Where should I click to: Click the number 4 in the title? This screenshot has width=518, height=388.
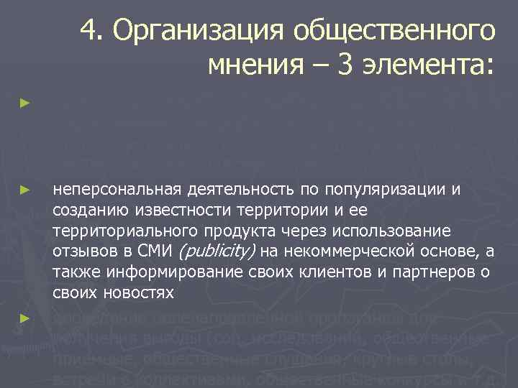pos(89,30)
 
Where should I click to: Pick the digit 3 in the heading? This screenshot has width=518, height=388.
pos(348,66)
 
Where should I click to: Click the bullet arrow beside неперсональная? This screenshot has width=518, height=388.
pos(25,190)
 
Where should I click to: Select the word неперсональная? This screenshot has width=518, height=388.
pos(117,190)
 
